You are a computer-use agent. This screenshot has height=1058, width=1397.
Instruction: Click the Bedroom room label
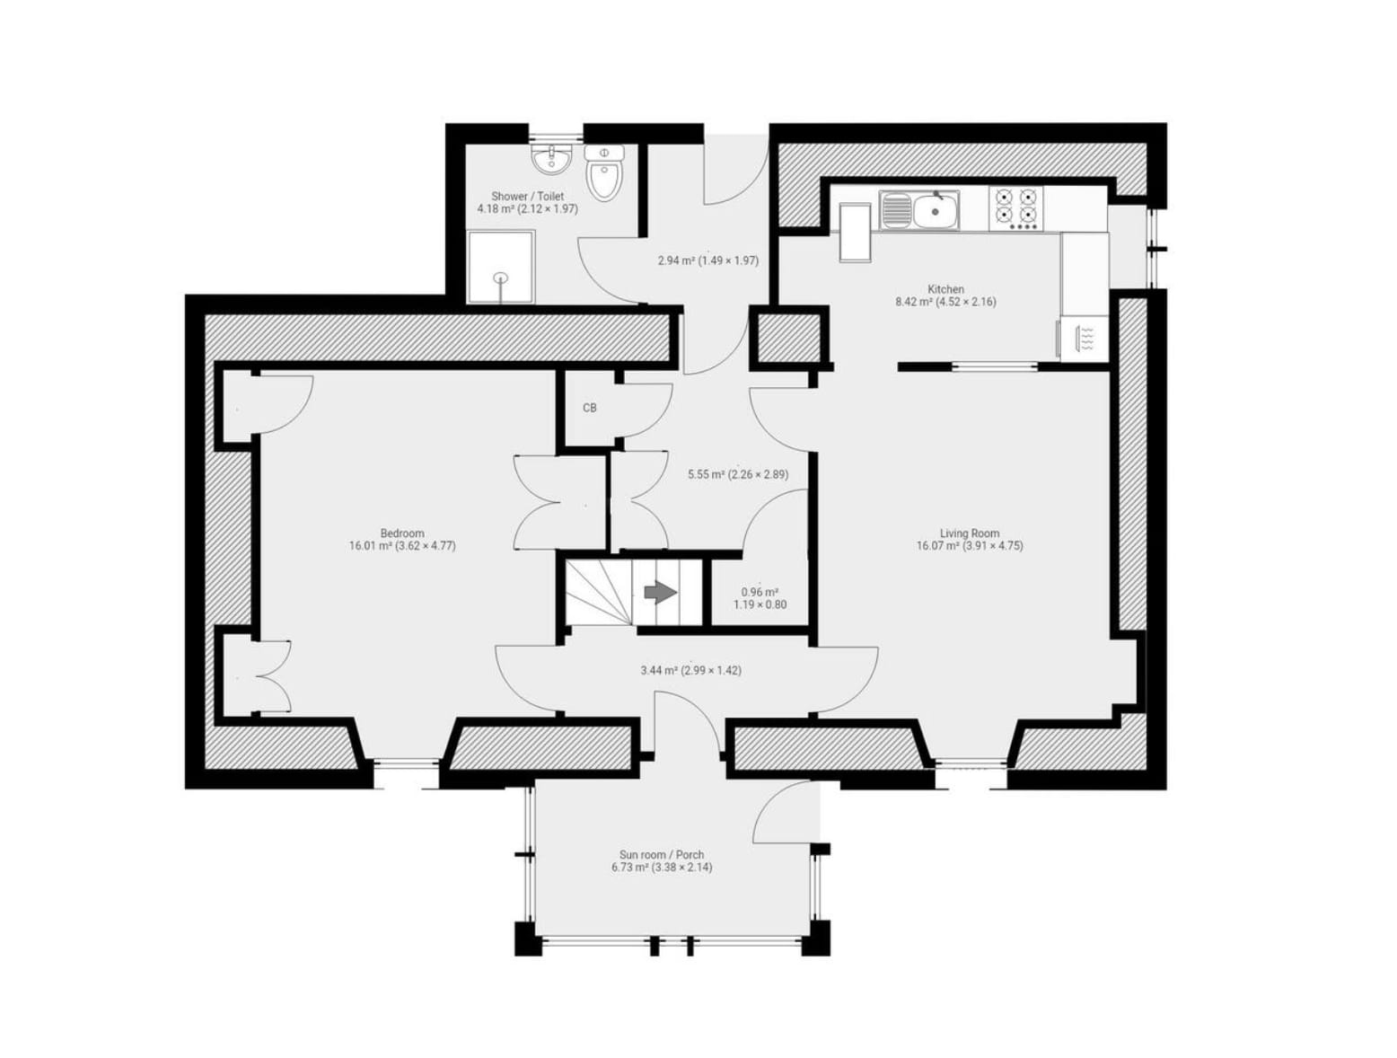[x=401, y=533]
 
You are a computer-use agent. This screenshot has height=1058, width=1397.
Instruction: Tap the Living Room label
[x=969, y=533]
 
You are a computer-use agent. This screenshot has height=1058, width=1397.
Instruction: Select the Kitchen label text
[x=945, y=289]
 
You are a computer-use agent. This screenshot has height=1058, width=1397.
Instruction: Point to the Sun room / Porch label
[x=662, y=854]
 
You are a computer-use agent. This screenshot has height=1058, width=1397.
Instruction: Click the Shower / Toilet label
[x=527, y=196]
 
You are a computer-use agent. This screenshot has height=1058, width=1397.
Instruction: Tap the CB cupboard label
[x=589, y=408]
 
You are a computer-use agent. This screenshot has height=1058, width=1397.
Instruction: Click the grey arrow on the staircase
[x=660, y=593]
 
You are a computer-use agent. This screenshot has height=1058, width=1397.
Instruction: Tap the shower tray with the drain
[x=501, y=268]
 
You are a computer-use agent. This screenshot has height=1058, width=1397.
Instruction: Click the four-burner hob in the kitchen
[x=1015, y=208]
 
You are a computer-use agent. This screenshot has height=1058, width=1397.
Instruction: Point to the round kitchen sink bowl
[x=935, y=211]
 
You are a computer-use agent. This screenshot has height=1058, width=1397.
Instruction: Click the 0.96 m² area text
[x=760, y=591]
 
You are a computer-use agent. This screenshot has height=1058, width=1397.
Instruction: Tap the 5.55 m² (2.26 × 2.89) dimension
[x=738, y=474]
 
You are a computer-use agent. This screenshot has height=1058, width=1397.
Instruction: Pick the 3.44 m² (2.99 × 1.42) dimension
[x=690, y=670]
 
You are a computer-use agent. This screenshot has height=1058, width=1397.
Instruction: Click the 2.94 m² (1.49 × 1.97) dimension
[x=707, y=260]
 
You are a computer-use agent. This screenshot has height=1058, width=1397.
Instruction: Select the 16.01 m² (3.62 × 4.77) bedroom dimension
[x=402, y=545]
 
